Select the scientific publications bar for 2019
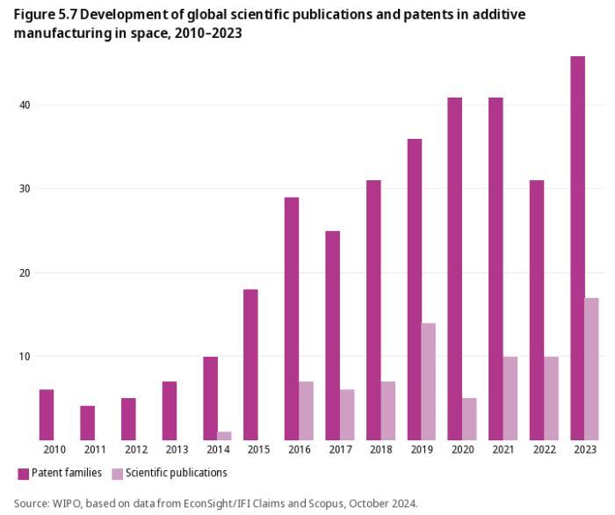click(x=428, y=381)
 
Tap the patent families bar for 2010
click(x=47, y=415)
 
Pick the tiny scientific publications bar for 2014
click(x=224, y=436)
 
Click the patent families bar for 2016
click(x=292, y=318)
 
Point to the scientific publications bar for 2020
click(x=469, y=419)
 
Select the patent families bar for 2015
click(x=250, y=365)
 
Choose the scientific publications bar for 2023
click(x=591, y=369)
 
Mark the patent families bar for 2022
click(x=537, y=310)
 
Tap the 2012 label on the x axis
click(x=135, y=450)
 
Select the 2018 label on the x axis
click(x=380, y=450)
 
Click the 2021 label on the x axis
click(x=503, y=450)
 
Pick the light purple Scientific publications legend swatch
click(x=117, y=474)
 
